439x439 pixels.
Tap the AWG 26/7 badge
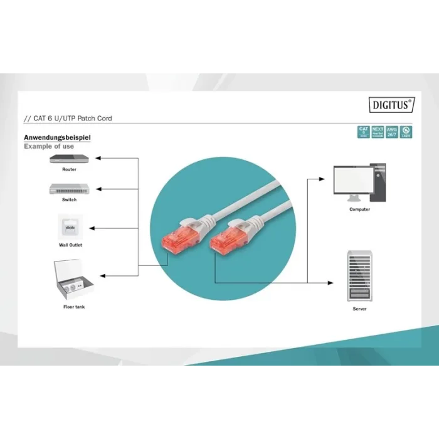392,132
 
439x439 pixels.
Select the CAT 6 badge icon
363,132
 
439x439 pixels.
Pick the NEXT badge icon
378,132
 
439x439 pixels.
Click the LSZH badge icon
406,132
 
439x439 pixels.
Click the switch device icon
69,188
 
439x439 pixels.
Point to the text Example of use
49,146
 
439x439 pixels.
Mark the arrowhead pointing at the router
103,160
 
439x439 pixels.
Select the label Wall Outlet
70,245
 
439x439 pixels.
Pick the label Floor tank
73,307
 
